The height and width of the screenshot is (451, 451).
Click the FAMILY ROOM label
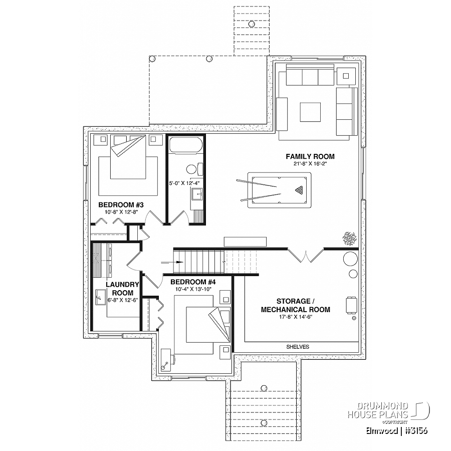tap(310, 157)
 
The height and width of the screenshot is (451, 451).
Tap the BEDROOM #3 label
tap(121, 205)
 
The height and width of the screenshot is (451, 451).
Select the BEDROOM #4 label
tap(193, 282)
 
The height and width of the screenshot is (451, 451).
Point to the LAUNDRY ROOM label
tap(123, 289)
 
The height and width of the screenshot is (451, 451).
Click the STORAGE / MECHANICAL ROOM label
tap(295, 306)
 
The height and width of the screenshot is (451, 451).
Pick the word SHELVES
tap(298, 347)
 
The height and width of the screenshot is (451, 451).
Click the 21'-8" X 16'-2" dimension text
tap(310, 164)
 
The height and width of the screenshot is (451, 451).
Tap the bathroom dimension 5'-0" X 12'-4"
tap(184, 183)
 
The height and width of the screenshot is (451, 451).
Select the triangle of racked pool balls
tap(299, 190)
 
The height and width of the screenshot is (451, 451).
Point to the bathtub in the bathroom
tap(186, 145)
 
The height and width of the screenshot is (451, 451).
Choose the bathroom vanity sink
tap(197, 194)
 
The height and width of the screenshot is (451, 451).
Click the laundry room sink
tap(100, 297)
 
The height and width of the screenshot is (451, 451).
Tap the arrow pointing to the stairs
tap(172, 262)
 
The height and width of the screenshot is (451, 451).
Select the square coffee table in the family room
tap(310, 112)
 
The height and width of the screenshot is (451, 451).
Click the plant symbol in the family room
tap(349, 239)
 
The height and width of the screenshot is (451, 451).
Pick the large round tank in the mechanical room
tap(351, 258)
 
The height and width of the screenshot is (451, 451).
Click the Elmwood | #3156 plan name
tap(397, 430)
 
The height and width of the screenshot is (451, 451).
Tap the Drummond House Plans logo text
tap(378, 410)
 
